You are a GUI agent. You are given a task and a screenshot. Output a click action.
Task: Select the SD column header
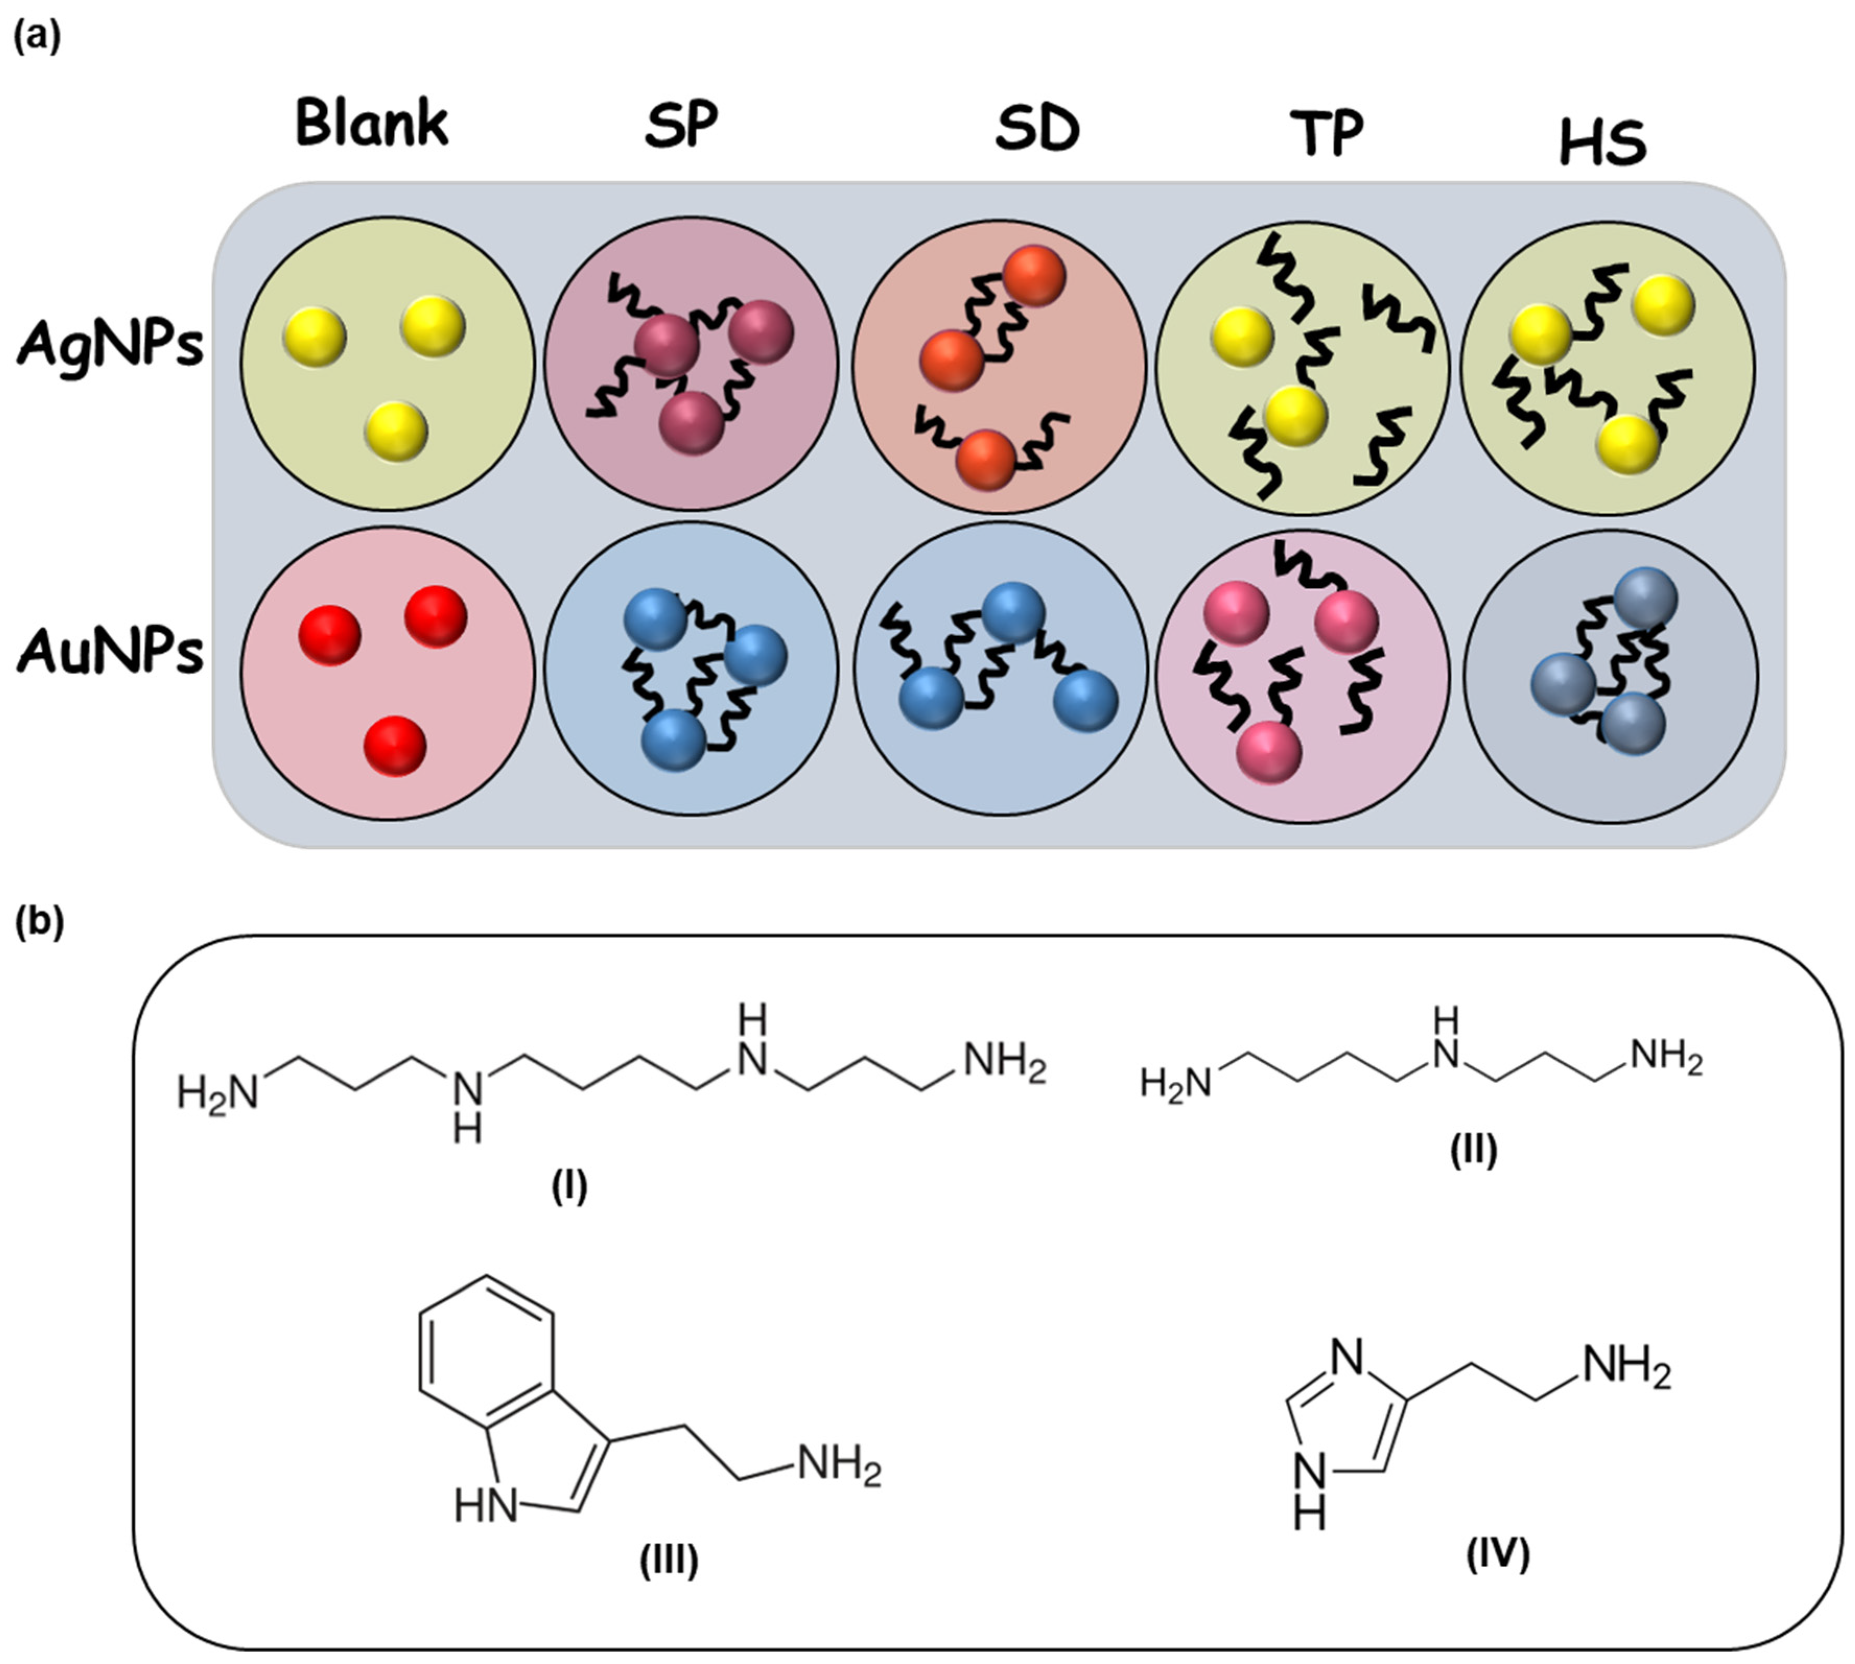pyautogui.click(x=1037, y=130)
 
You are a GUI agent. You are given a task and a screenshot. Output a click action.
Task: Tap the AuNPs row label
pyautogui.click(x=110, y=653)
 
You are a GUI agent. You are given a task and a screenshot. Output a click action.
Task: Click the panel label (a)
pyautogui.click(x=37, y=39)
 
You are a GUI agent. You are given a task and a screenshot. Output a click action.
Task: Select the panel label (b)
pyautogui.click(x=39, y=923)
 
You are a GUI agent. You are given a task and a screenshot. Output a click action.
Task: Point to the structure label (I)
pyautogui.click(x=569, y=1188)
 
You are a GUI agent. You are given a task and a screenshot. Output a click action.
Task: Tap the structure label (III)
pyautogui.click(x=668, y=1560)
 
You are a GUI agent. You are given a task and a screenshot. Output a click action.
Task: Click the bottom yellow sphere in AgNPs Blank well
pyautogui.click(x=396, y=431)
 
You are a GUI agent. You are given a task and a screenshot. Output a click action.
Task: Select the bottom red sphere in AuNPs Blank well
pyautogui.click(x=395, y=746)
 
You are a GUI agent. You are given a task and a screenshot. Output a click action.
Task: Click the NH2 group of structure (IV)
pyautogui.click(x=1626, y=1368)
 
